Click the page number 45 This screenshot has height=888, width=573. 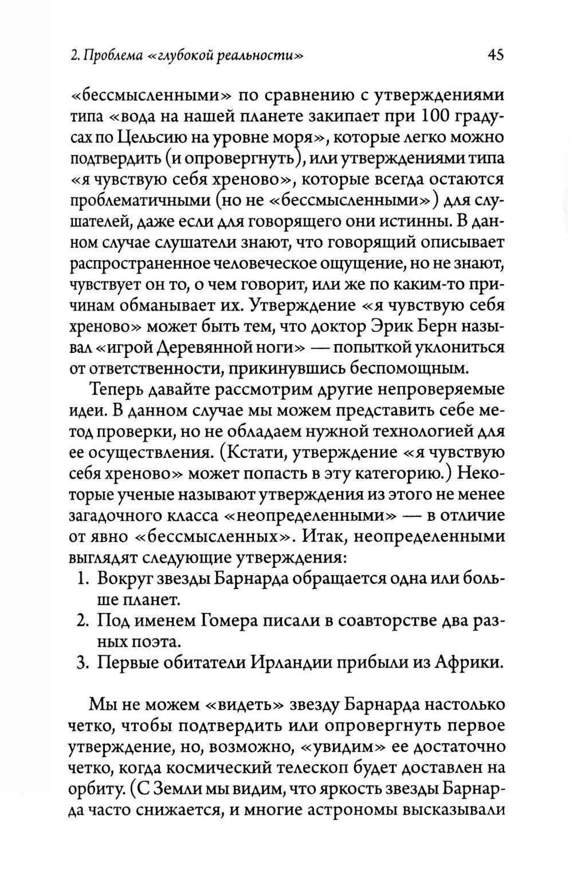[494, 55]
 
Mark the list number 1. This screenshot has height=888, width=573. [81, 579]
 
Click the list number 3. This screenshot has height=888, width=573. [81, 663]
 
